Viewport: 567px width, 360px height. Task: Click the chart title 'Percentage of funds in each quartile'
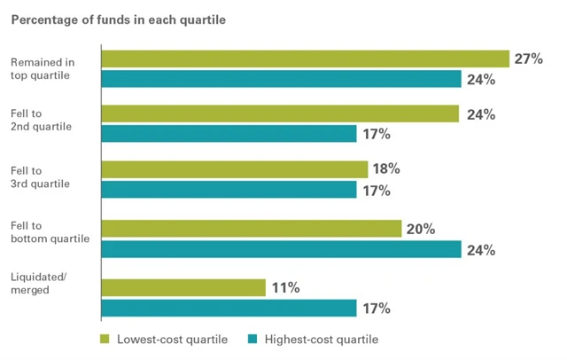(x=123, y=19)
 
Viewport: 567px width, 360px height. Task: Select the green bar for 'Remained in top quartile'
(x=305, y=59)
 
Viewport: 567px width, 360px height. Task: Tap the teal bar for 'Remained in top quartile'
(x=282, y=80)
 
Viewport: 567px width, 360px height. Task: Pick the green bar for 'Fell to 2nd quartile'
(x=280, y=113)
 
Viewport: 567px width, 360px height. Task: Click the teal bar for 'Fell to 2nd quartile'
(x=229, y=135)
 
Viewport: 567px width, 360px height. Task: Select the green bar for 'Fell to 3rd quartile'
(x=235, y=168)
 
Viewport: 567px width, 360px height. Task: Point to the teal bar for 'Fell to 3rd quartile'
(x=229, y=190)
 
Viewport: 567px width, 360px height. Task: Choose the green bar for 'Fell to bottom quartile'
(x=252, y=229)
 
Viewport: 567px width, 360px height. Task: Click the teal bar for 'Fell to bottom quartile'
(x=282, y=249)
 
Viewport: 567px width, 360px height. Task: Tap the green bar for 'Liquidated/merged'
(x=183, y=287)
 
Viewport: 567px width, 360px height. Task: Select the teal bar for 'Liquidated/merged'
(x=229, y=309)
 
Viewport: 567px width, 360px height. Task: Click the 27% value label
(x=528, y=59)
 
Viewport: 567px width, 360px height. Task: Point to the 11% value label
(x=285, y=287)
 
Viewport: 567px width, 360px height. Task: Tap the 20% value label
(x=421, y=229)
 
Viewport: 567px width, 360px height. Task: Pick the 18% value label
(x=386, y=168)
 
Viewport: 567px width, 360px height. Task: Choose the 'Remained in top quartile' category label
(x=39, y=68)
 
